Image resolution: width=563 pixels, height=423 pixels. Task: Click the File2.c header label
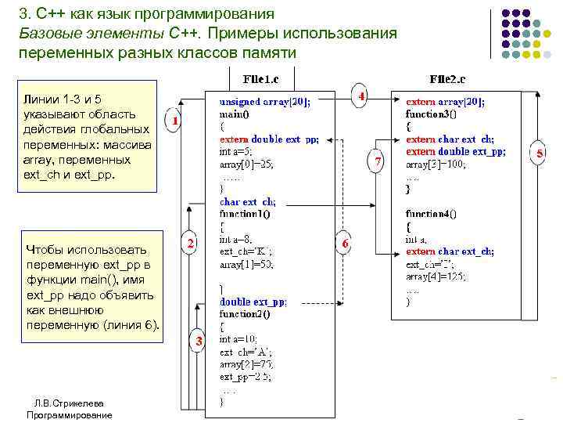click(x=447, y=80)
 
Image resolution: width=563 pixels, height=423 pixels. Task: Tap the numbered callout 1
click(x=177, y=122)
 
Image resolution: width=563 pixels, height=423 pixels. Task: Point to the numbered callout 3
click(x=199, y=342)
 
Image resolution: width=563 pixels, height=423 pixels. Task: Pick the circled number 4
click(x=360, y=96)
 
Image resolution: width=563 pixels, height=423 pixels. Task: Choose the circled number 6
click(x=345, y=244)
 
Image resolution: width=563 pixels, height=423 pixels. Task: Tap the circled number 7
click(x=377, y=161)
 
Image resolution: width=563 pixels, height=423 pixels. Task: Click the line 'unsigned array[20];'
click(x=264, y=102)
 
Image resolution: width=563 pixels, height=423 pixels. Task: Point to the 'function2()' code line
click(x=246, y=314)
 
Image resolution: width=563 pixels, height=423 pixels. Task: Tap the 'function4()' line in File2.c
click(x=431, y=213)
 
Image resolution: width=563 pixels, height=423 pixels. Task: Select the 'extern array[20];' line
click(x=445, y=102)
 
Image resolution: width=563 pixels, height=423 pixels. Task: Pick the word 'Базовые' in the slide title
click(x=48, y=34)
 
